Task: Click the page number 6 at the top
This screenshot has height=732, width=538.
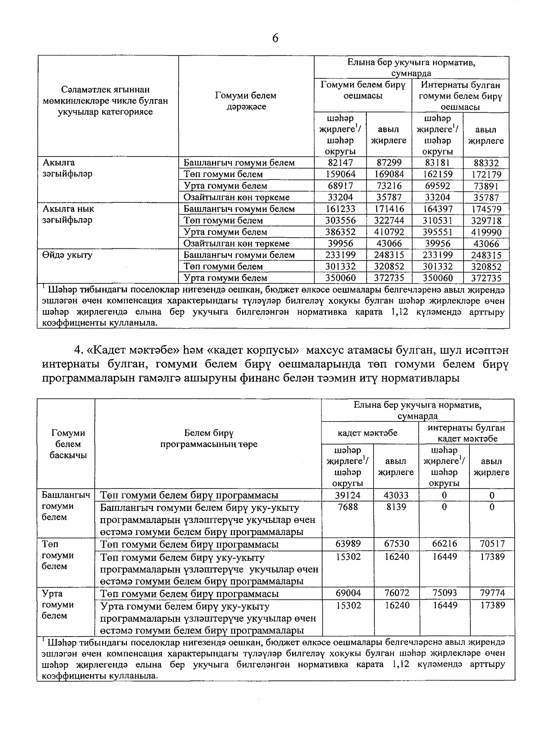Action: click(x=275, y=39)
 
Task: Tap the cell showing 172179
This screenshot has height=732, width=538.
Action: click(x=486, y=175)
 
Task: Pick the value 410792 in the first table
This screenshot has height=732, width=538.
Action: click(x=389, y=232)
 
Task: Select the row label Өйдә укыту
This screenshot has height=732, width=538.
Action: click(x=67, y=255)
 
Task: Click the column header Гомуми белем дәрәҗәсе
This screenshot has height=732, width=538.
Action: click(x=246, y=101)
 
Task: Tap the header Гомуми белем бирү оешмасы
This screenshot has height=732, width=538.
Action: click(x=363, y=90)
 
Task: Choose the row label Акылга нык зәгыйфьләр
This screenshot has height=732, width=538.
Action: click(x=68, y=215)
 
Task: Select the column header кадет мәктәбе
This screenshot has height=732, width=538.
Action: click(x=368, y=433)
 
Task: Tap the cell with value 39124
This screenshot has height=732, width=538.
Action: click(x=348, y=495)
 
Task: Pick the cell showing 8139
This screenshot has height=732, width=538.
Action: click(x=396, y=507)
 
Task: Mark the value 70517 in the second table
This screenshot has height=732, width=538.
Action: click(x=492, y=544)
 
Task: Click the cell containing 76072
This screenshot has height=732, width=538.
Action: click(x=396, y=593)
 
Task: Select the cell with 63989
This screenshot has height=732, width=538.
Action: click(x=348, y=544)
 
